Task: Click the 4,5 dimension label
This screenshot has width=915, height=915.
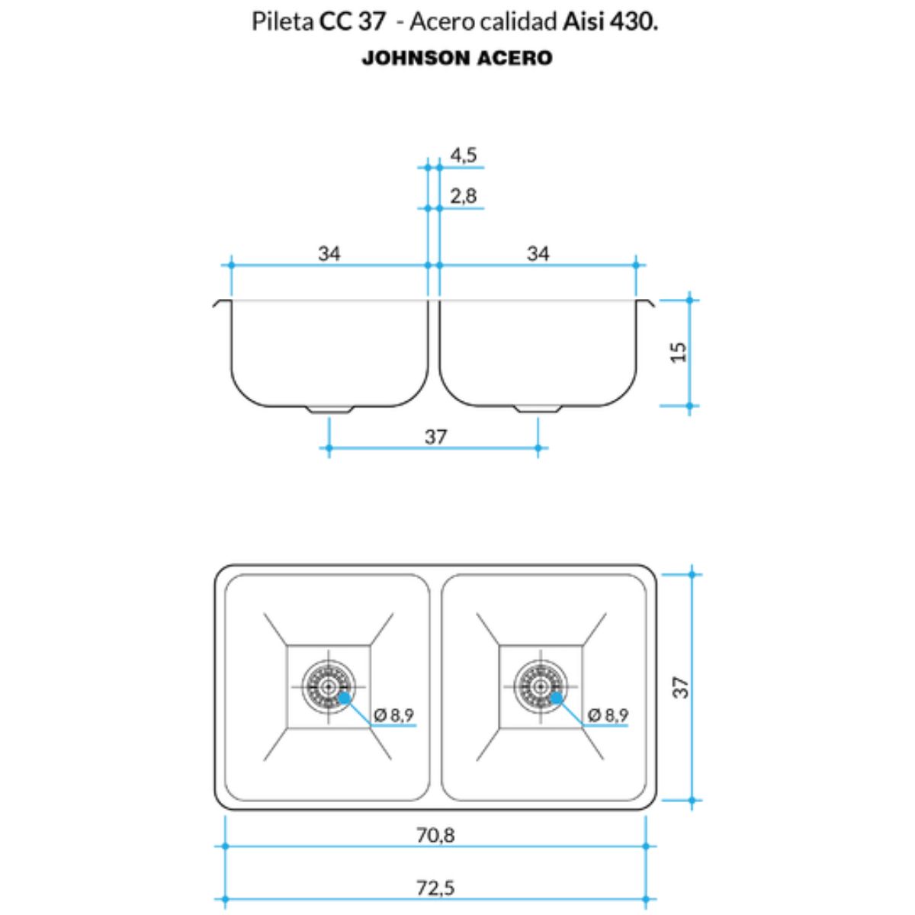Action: [464, 156]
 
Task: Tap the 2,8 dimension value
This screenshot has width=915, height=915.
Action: [464, 196]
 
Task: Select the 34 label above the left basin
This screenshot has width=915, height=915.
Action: [329, 254]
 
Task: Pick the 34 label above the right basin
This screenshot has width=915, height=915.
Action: [538, 254]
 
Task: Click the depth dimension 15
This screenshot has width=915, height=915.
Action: [679, 352]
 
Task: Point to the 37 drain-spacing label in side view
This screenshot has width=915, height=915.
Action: [436, 437]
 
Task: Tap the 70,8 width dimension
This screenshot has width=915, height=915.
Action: [435, 835]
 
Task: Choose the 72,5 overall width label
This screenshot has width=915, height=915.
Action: [435, 888]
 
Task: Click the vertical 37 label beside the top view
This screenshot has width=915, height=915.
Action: [681, 687]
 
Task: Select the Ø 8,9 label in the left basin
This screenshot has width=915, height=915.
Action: [393, 714]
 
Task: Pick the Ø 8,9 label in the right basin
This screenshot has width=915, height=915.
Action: [608, 714]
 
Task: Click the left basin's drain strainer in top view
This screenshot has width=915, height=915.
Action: [328, 686]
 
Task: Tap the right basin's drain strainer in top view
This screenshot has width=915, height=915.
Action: [541, 686]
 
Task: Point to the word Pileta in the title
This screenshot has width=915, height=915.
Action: [283, 22]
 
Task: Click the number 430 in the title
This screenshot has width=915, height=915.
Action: [632, 22]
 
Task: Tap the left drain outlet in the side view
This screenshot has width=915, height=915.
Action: [329, 409]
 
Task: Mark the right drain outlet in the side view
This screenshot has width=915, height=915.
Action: [539, 409]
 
